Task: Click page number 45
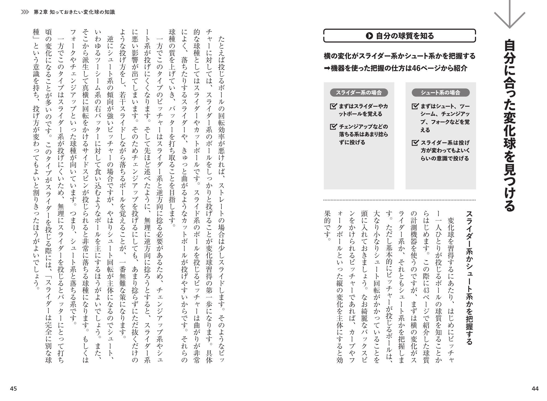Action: tap(13, 388)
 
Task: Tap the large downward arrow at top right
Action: tap(509, 15)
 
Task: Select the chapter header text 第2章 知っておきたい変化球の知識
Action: tap(74, 12)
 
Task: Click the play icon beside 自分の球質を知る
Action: tap(369, 36)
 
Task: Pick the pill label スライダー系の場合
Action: tap(359, 93)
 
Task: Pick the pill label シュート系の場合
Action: tap(441, 93)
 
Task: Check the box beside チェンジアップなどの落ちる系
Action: tap(333, 127)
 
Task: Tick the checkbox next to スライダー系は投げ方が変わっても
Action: tap(415, 143)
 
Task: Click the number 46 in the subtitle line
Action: tap(418, 68)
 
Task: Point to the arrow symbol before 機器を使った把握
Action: tap(327, 68)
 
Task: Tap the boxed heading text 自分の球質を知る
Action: tap(405, 36)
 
